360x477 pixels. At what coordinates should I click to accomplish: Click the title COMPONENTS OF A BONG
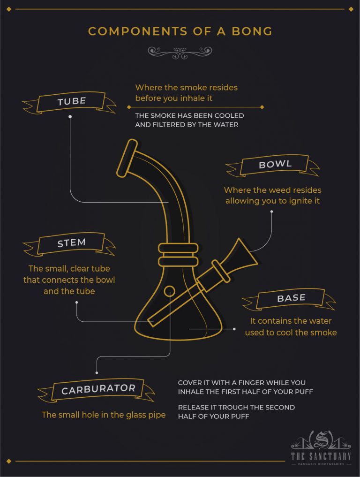(180, 31)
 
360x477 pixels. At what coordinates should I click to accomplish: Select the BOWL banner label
(275, 165)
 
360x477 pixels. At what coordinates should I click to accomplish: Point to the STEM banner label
(71, 243)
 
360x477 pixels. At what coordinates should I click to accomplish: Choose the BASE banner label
(291, 298)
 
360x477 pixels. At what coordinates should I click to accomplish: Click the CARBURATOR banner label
(98, 389)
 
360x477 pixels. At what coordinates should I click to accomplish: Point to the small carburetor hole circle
(169, 291)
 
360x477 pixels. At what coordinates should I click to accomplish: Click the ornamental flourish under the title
(180, 52)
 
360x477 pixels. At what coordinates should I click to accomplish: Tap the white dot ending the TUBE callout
(70, 116)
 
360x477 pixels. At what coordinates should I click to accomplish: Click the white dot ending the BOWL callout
(271, 212)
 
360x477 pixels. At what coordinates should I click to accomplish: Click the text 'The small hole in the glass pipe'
(104, 415)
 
